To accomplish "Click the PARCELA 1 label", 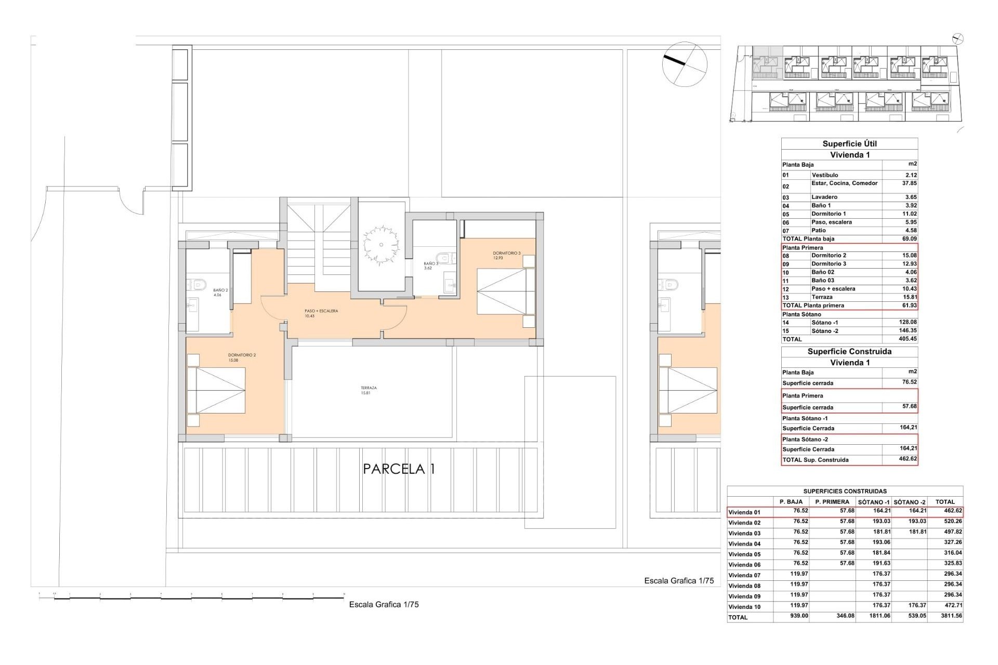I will [399, 469].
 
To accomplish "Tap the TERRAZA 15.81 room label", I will [369, 390].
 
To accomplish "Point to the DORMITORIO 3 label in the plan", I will [506, 255].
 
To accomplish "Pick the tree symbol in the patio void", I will [381, 244].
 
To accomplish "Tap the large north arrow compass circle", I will [685, 64].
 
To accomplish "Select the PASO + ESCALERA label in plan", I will [321, 313].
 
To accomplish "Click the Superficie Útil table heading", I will [849, 144].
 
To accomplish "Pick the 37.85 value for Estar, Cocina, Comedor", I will [909, 183].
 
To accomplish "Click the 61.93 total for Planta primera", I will [909, 305].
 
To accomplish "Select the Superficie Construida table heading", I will [849, 352].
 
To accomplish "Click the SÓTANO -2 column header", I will [909, 502].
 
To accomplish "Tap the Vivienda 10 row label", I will [744, 607].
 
